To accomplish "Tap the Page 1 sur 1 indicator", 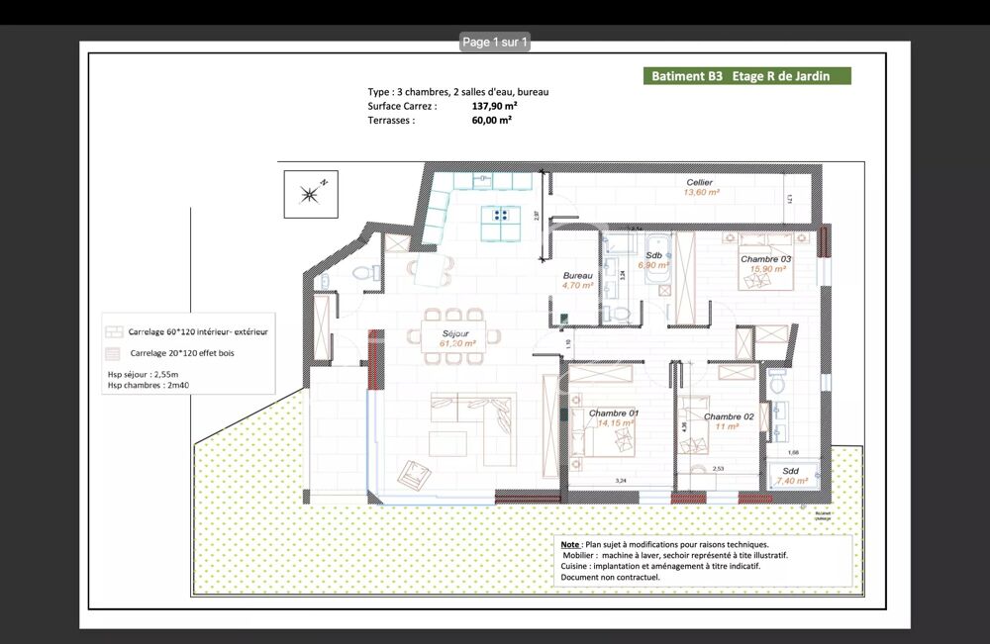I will (x=496, y=42).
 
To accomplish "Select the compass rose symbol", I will (x=310, y=194).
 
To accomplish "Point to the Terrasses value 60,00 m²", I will (x=492, y=120).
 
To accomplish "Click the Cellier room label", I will (x=700, y=183).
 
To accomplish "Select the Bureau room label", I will (x=577, y=276).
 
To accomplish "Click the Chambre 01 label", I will (x=614, y=413).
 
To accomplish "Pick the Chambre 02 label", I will (x=729, y=416).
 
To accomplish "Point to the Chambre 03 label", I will (x=764, y=259).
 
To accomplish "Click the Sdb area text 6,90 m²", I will (x=655, y=265).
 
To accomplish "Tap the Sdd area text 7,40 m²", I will (x=792, y=480).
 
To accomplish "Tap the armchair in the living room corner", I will (x=413, y=475).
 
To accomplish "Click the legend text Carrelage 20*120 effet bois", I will (x=182, y=352).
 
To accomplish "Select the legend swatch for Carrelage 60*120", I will (x=114, y=331).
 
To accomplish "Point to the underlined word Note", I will (x=570, y=544).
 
